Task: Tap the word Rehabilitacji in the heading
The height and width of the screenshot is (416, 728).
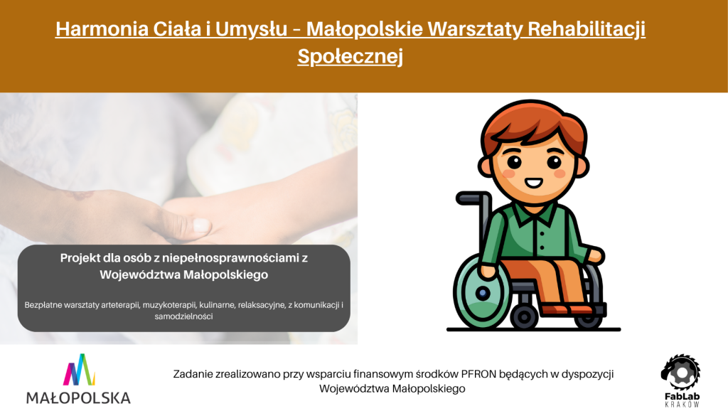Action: pos(587,28)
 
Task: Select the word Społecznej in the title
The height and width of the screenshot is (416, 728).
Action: pos(350,56)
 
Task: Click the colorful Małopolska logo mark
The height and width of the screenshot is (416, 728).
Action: pos(79,370)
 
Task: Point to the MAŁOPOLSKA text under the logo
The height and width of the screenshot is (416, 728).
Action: pos(78,398)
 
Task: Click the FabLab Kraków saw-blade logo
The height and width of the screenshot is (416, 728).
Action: pos(680,372)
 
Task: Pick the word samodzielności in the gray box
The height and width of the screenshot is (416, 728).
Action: pos(184,316)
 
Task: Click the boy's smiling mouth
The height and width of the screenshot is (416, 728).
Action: pos(533,183)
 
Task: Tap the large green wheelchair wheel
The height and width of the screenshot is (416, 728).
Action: pos(483,292)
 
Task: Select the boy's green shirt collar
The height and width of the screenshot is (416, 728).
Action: pos(535,214)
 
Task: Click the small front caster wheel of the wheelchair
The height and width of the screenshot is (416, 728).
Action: pos(525,317)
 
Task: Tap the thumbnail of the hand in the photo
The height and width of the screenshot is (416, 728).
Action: pos(201,225)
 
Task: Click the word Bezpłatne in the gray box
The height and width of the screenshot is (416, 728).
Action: pos(43,306)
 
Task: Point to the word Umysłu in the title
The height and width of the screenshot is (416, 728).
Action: pos(251,29)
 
